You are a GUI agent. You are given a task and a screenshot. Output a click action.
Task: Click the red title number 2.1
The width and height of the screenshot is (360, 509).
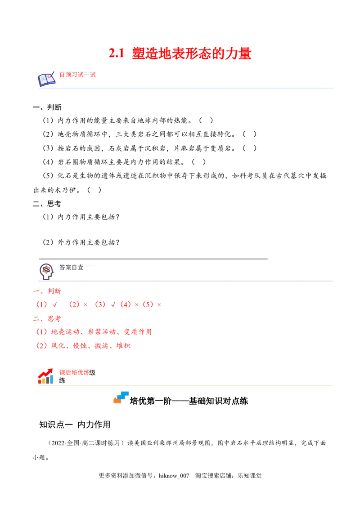(x=117, y=53)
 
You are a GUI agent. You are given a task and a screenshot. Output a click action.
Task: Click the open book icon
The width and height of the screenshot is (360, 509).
(x=46, y=79)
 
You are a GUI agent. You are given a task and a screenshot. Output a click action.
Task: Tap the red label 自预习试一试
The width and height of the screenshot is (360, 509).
(x=77, y=75)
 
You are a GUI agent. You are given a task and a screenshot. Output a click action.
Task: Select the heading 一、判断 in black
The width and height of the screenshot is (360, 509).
(x=47, y=107)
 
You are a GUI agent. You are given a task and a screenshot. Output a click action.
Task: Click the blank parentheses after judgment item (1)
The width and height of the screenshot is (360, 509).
(x=206, y=121)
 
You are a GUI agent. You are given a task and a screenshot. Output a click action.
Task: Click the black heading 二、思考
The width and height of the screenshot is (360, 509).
(x=47, y=204)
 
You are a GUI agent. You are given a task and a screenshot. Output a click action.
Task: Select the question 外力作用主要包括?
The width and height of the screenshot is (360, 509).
(x=89, y=242)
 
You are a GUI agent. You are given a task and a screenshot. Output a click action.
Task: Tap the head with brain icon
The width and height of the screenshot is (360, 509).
(x=46, y=272)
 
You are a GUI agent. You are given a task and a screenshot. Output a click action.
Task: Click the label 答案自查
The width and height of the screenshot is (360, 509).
(x=71, y=268)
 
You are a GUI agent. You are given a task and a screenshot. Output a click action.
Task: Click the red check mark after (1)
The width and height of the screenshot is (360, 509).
(x=55, y=304)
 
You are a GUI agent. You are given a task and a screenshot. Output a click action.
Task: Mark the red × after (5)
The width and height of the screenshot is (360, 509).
(x=159, y=305)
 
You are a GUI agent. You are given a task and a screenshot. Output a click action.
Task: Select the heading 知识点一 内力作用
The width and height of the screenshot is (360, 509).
(x=75, y=424)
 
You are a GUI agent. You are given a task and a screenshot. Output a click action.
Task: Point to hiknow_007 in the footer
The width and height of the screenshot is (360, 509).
(x=174, y=476)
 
